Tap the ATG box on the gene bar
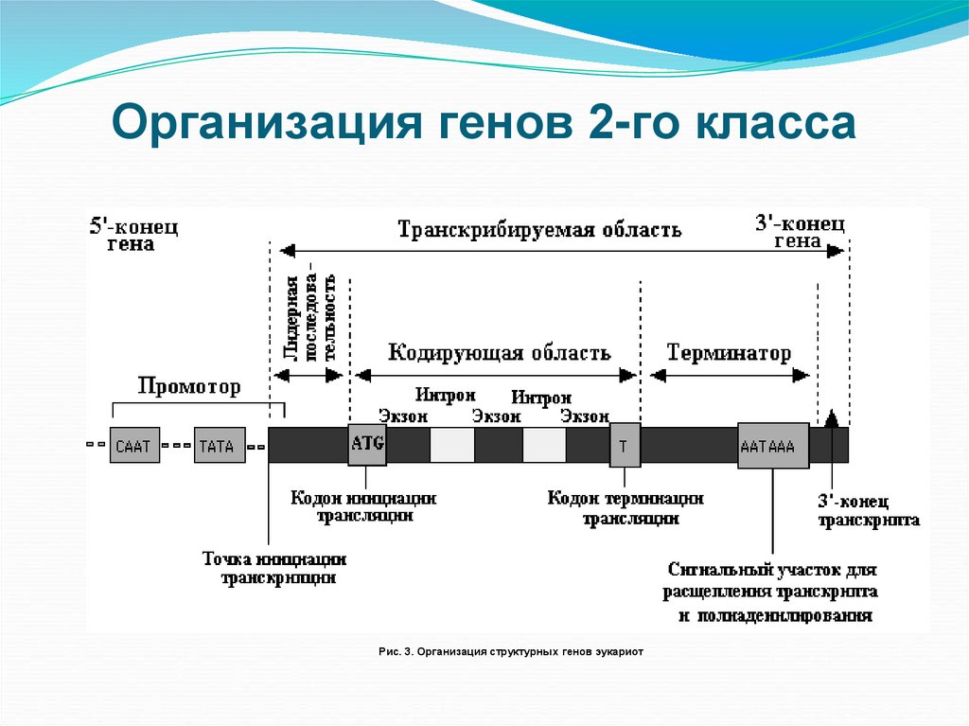tap(367, 444)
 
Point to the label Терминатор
tap(729, 353)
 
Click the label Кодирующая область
tap(500, 353)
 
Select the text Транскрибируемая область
tap(539, 230)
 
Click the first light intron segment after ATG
tap(452, 445)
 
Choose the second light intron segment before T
tap(544, 445)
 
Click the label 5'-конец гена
tap(134, 234)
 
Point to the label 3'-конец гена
tap(800, 230)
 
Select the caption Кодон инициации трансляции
tap(364, 506)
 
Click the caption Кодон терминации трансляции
tap(626, 507)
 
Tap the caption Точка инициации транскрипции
tap(274, 567)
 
